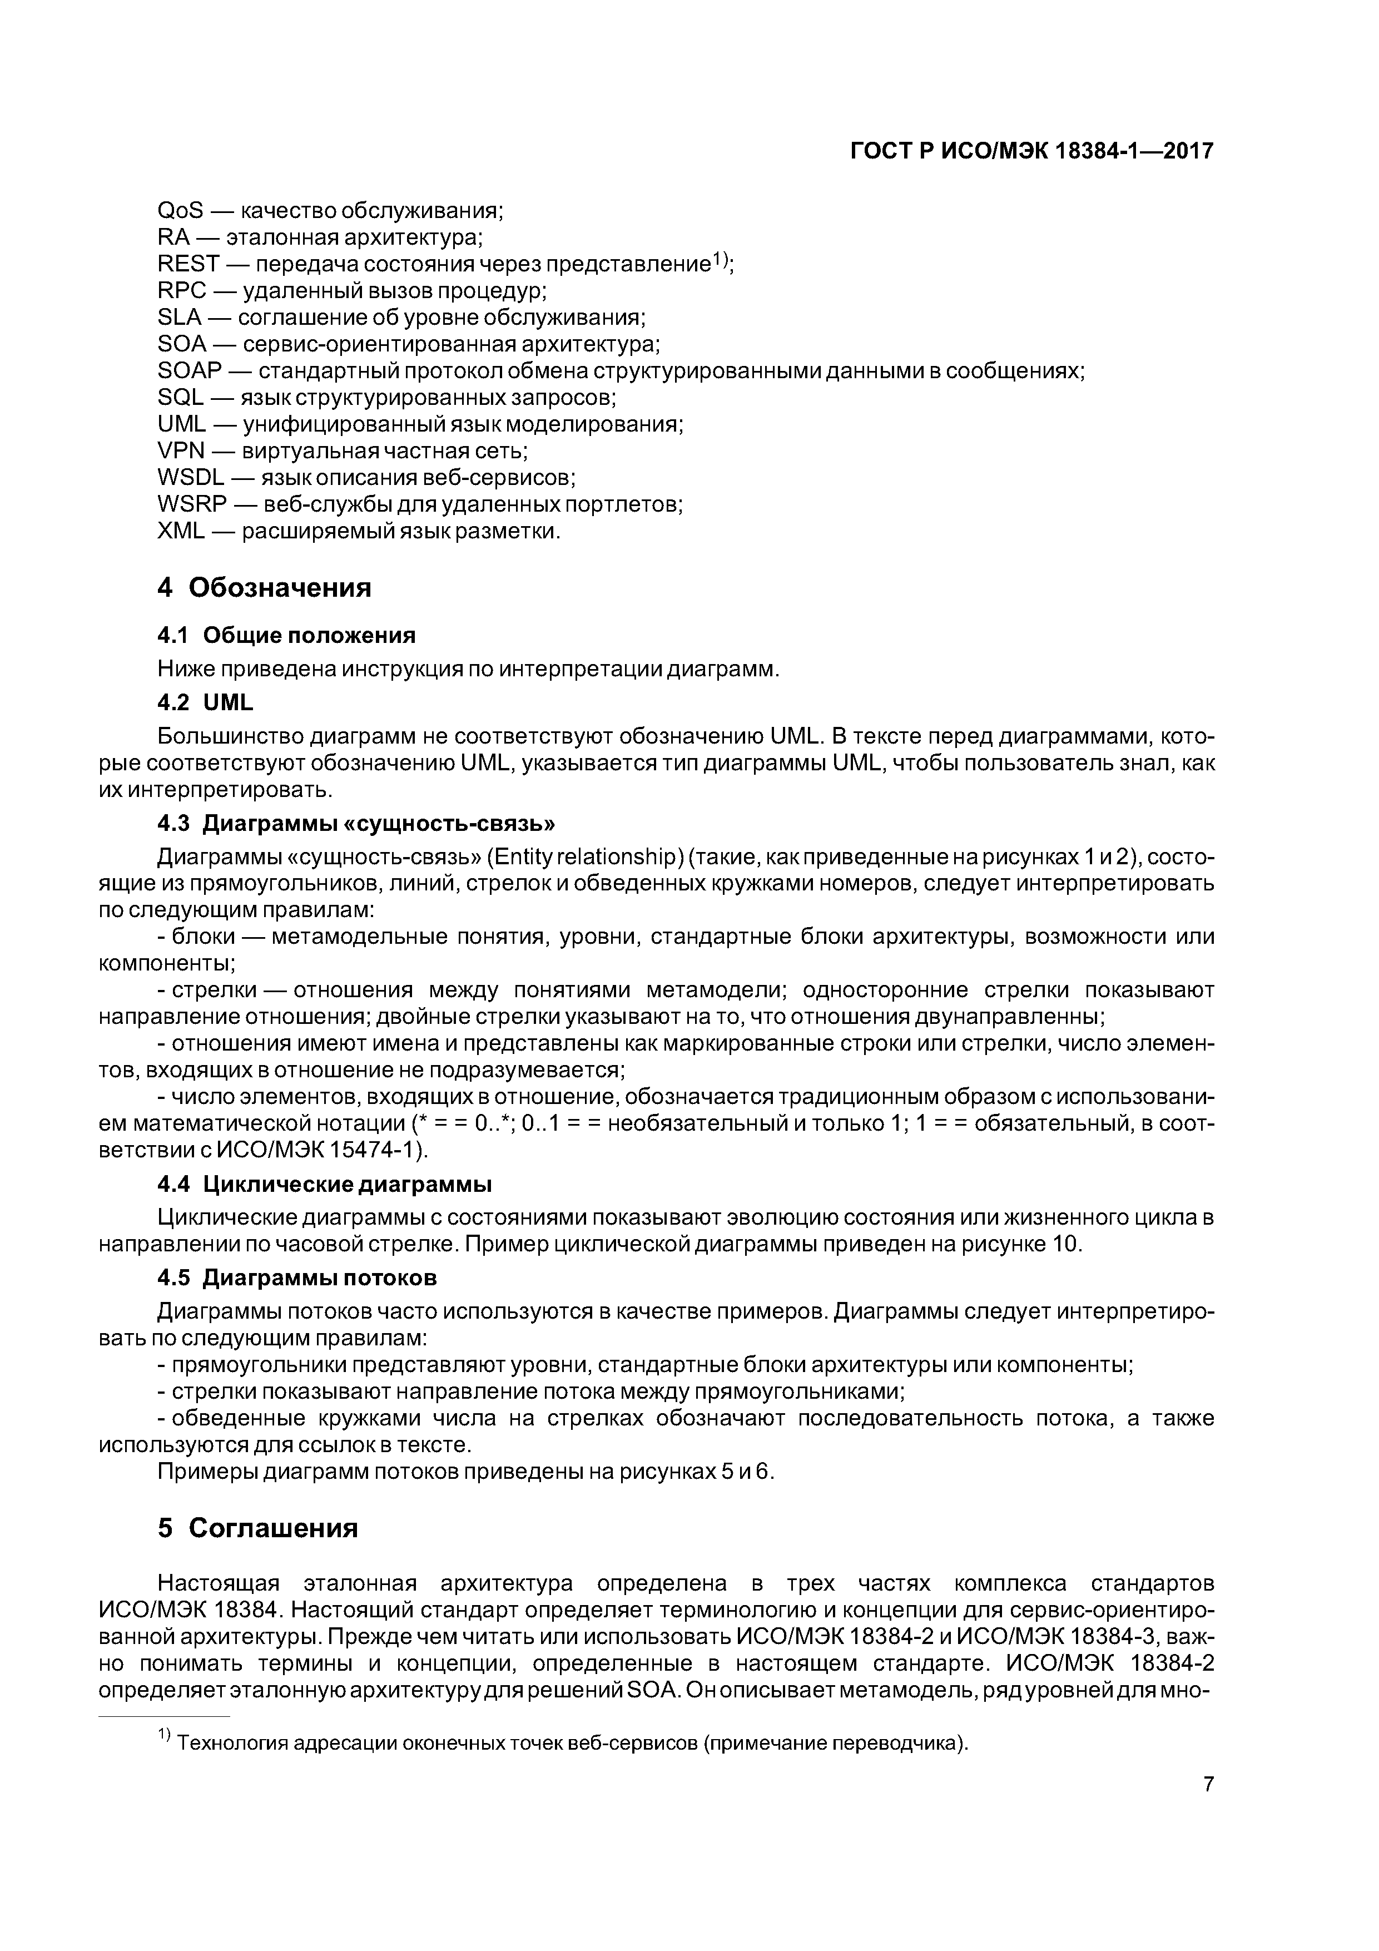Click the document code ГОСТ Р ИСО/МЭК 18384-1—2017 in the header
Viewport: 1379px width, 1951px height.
[1031, 152]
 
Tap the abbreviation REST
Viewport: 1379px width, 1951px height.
[189, 264]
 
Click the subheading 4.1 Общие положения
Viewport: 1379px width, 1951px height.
[286, 636]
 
